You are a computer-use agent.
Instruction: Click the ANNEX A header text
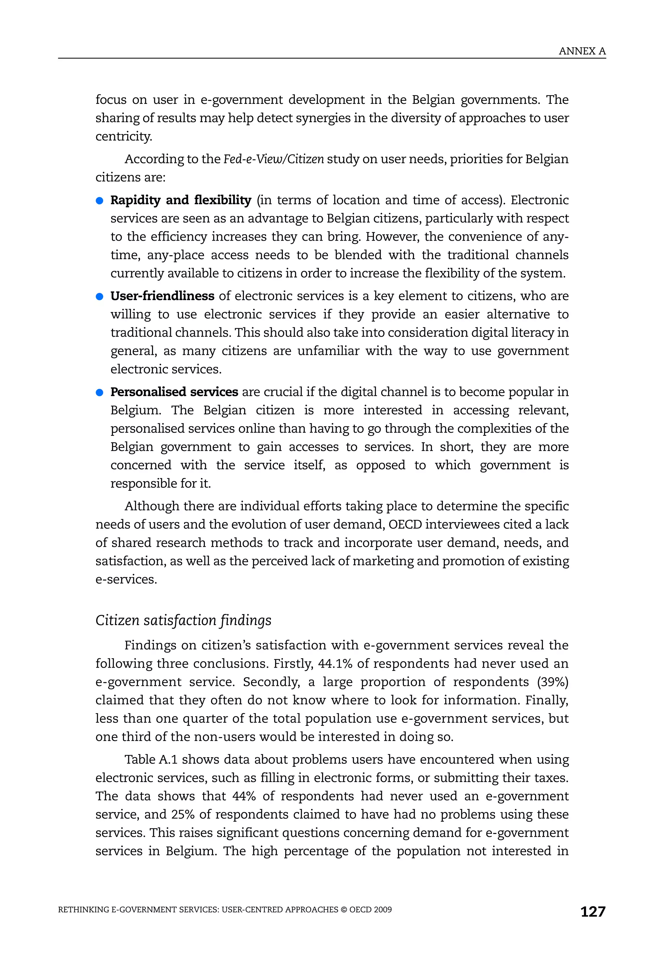(x=582, y=51)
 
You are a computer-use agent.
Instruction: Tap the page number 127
(x=593, y=911)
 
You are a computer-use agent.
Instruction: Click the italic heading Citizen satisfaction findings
(x=183, y=620)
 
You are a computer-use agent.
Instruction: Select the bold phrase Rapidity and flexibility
(x=181, y=200)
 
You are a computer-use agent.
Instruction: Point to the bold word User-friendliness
(x=162, y=296)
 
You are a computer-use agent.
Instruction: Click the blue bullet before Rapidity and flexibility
(x=99, y=201)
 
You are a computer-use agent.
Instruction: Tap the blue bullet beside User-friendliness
(x=99, y=296)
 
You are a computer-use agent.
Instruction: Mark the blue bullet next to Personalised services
(x=99, y=393)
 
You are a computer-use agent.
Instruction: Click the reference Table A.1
(x=151, y=759)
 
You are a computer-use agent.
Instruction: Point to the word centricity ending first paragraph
(x=123, y=136)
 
